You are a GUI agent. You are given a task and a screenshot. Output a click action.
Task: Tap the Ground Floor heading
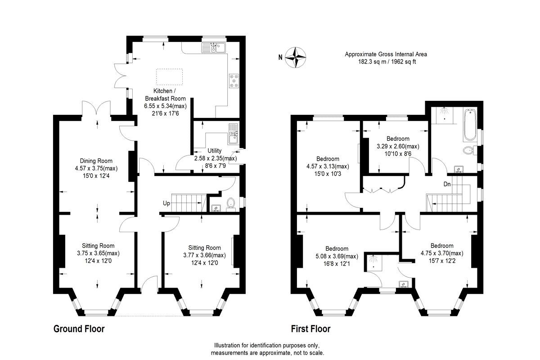79,329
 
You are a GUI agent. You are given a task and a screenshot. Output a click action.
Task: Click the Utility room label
215,151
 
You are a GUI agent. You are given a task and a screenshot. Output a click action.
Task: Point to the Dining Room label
96,161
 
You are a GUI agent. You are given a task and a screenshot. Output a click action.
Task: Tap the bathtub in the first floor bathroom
469,124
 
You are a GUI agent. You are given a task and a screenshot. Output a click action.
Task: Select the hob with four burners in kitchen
234,81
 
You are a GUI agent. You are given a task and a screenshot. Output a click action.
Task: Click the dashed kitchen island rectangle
169,76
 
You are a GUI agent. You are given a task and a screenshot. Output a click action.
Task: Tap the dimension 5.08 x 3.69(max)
337,256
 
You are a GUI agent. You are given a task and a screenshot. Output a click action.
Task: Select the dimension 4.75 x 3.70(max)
441,253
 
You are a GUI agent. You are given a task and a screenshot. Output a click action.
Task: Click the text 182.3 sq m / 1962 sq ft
386,62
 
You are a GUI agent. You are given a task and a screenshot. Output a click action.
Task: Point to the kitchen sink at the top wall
214,47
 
